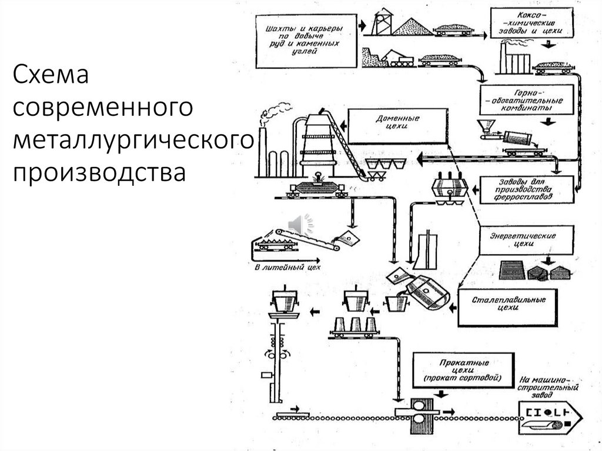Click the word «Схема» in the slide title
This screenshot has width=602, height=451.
point(50,76)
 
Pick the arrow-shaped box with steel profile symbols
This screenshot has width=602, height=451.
point(550,415)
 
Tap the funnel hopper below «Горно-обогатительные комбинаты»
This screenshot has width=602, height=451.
point(485,126)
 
